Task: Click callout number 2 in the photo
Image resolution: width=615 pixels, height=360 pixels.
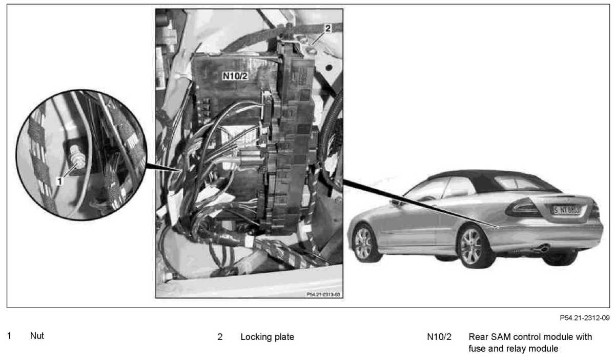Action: [x=327, y=29]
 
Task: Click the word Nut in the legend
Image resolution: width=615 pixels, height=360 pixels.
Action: [x=37, y=336]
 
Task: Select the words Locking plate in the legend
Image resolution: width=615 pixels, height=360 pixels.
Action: [x=267, y=337]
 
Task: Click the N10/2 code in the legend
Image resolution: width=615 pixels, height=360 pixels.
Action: [x=439, y=337]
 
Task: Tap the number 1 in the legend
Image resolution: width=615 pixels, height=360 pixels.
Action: [x=9, y=336]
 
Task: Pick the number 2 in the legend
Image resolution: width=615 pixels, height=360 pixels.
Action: [x=220, y=337]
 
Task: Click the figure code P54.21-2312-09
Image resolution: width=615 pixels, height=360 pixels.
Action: [x=584, y=318]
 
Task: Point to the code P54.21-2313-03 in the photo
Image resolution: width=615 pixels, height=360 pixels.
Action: [x=323, y=294]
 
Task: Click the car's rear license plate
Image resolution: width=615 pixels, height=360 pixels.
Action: [x=566, y=209]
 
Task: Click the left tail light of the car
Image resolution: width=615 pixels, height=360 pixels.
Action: [x=522, y=207]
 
